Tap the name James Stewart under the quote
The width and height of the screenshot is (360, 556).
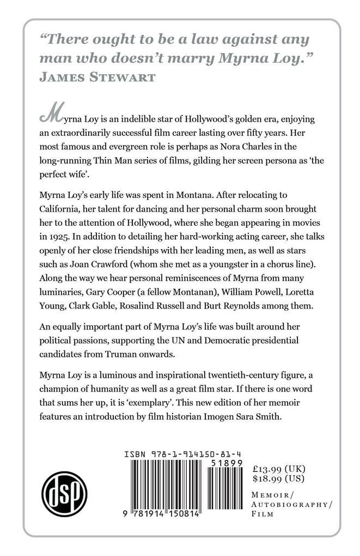point(96,78)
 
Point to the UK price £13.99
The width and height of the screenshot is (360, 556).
point(279,469)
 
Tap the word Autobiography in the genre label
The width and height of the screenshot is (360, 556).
point(292,505)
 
